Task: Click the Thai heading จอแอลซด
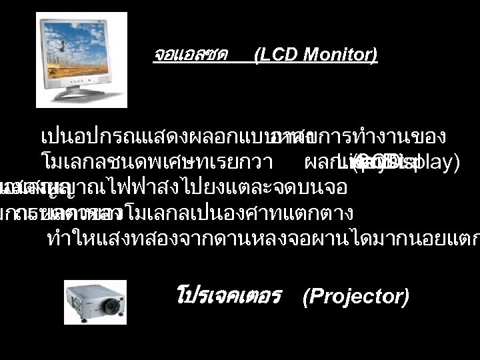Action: click(x=191, y=55)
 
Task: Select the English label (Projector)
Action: click(x=355, y=296)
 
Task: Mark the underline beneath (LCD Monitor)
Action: click(x=316, y=63)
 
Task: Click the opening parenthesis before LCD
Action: click(x=257, y=55)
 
